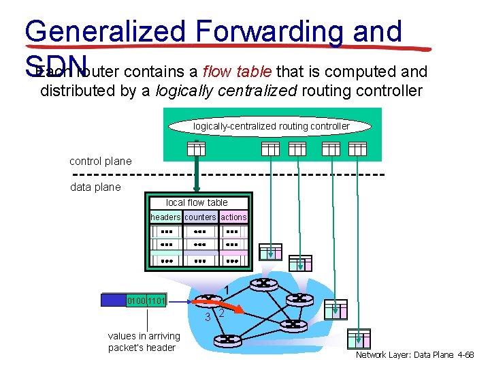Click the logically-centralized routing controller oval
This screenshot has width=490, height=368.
coord(271,126)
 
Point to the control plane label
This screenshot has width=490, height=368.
coord(101,162)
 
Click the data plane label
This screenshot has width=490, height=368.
coord(95,187)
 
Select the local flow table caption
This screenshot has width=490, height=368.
coord(197,202)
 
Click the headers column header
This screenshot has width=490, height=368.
coord(165,217)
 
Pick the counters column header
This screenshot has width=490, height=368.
coord(200,217)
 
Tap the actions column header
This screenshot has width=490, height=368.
coord(233,217)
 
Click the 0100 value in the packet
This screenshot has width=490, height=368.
coord(137,301)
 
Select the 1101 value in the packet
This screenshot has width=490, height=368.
coord(157,301)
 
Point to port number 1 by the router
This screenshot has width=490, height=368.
coord(227,290)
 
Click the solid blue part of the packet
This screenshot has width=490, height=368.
coord(113,301)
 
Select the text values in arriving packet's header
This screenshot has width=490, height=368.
coord(144,341)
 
